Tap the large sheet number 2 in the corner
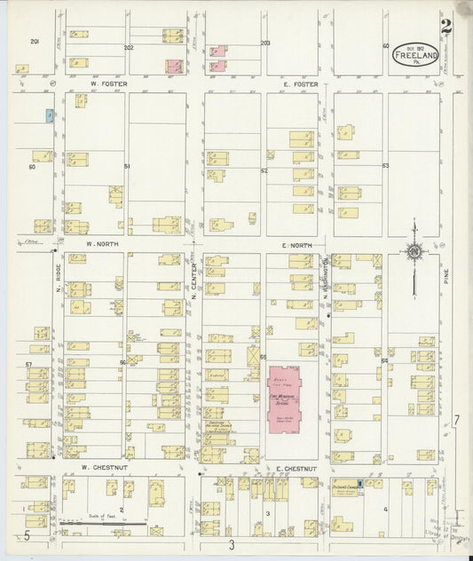click(445, 27)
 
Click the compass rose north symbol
click(414, 252)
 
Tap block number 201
click(35, 42)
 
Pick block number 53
click(385, 166)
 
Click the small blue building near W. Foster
click(50, 115)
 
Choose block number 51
click(127, 166)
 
